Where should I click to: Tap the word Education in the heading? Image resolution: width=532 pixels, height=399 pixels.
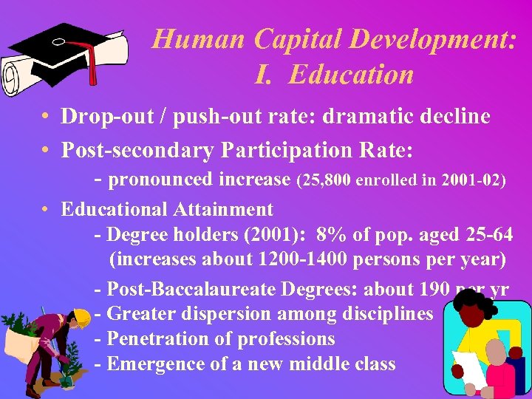click(x=351, y=74)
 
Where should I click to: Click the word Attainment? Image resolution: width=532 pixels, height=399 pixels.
click(x=224, y=210)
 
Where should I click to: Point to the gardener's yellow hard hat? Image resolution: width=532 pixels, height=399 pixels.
click(x=81, y=318)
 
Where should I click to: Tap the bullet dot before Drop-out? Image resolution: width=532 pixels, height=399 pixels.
click(x=46, y=117)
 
